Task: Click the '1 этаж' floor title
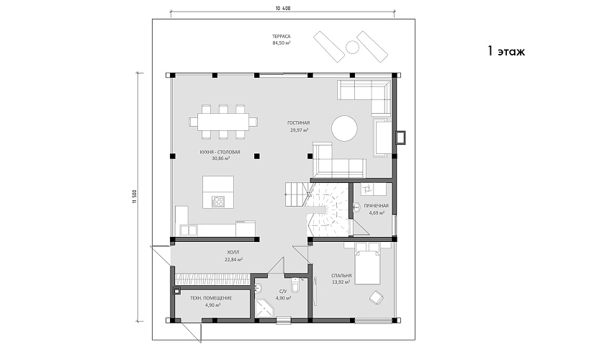[x=506, y=51]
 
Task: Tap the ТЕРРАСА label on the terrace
[x=281, y=37]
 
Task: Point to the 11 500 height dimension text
[x=134, y=197]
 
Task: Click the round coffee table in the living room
[x=344, y=128]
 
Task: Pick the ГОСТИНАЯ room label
[x=299, y=123]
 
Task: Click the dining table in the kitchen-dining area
[x=223, y=122]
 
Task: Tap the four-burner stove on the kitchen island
[x=218, y=201]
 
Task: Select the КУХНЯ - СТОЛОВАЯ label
[x=220, y=153]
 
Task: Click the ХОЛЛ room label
[x=233, y=253]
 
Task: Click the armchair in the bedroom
[x=377, y=297]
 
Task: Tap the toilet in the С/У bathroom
[x=296, y=287]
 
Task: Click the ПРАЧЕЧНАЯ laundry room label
[x=376, y=206]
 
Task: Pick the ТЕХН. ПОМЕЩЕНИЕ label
[x=211, y=298]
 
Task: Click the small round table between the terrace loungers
[x=352, y=48]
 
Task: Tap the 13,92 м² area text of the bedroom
[x=341, y=282]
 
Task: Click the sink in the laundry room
[x=356, y=207]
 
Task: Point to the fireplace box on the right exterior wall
[x=400, y=137]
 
